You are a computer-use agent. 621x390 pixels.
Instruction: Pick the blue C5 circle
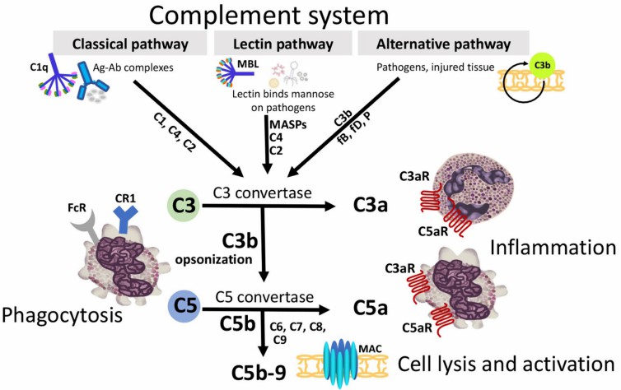tap(186, 307)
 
